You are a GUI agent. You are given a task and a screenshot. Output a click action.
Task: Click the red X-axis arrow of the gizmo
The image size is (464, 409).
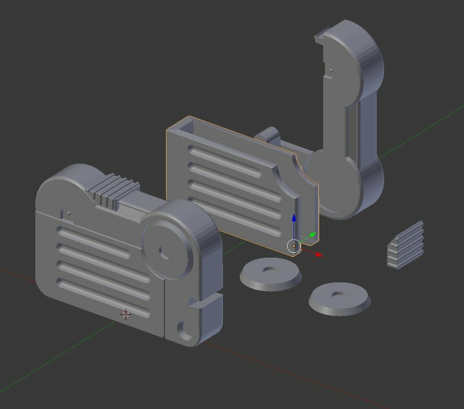click(x=318, y=255)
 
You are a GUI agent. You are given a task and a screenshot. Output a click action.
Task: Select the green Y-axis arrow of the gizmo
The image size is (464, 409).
click(x=312, y=235)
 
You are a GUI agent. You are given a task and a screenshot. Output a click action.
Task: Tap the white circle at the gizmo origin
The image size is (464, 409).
click(x=294, y=246)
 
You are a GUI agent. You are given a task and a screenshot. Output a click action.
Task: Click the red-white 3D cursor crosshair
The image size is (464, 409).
click(x=126, y=314)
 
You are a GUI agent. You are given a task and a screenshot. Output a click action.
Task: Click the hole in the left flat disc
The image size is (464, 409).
click(x=271, y=270)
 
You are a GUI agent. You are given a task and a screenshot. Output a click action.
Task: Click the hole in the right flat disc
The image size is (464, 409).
click(x=338, y=295)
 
